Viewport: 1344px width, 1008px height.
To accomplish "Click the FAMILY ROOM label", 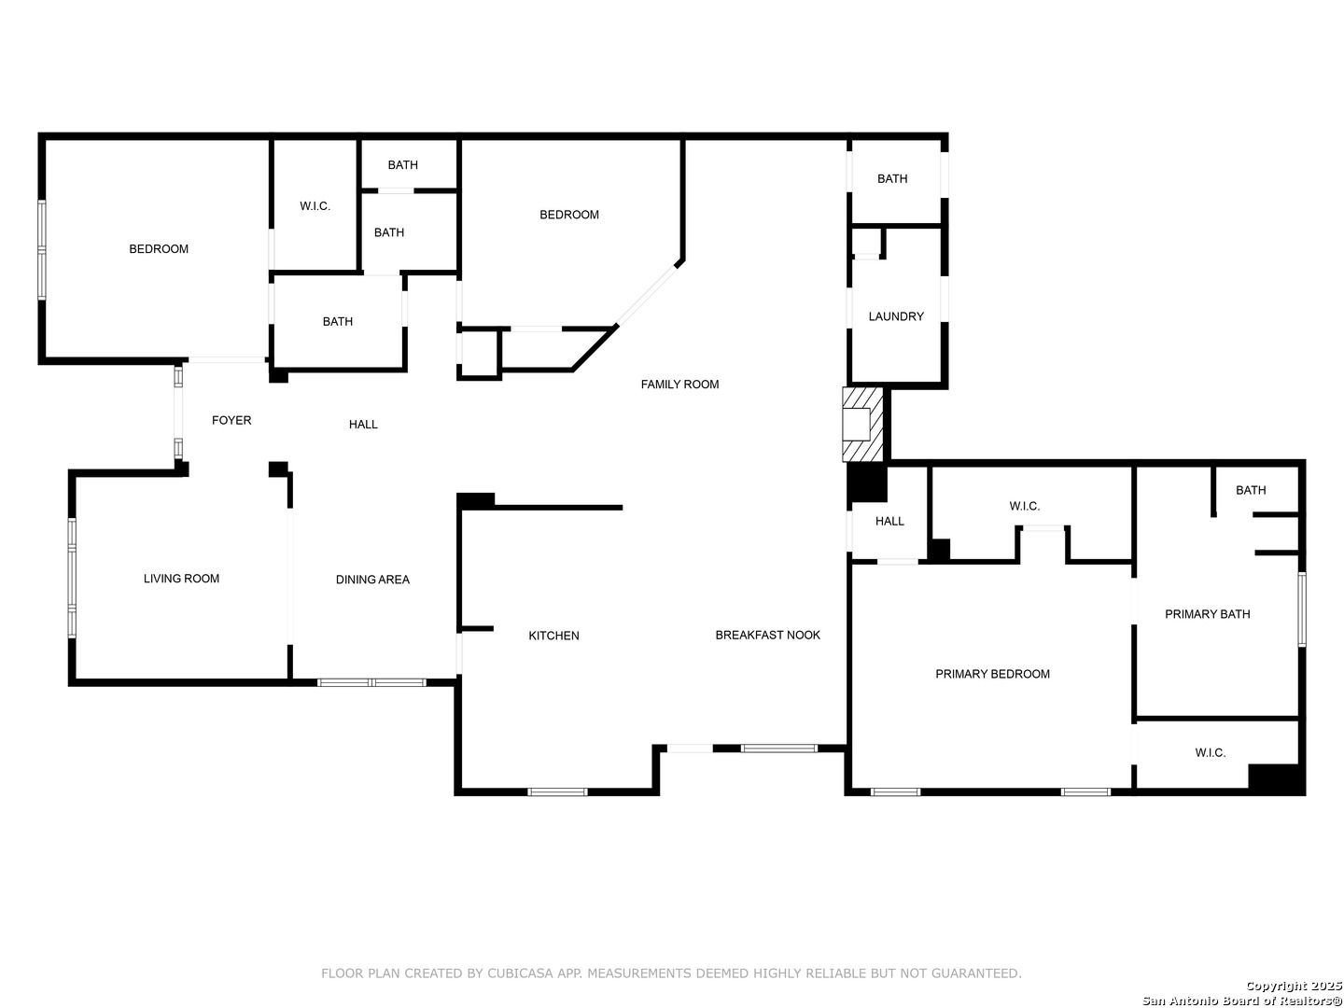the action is (679, 385).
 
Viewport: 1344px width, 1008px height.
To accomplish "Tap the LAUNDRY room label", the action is (895, 316).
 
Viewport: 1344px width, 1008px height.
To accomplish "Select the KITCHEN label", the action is (553, 636).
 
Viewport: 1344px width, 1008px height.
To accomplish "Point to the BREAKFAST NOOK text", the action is (767, 635).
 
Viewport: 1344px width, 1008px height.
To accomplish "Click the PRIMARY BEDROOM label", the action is (992, 674).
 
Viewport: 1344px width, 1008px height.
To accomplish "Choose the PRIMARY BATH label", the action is (1207, 614).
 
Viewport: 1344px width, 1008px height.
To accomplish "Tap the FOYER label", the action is (231, 420).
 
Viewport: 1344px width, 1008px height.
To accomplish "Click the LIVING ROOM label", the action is (181, 579).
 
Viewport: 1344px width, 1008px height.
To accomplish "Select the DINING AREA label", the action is (372, 579).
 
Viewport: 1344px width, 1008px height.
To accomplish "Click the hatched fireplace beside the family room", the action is (862, 424).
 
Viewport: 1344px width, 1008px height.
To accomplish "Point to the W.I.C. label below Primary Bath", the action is (1210, 753).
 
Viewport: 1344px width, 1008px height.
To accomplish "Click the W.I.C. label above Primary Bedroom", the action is (1024, 506).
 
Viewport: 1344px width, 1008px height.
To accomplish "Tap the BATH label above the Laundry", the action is (892, 178).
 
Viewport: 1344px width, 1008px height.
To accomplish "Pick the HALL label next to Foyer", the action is (363, 424).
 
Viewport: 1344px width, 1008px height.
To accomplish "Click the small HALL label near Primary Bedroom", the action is (889, 521).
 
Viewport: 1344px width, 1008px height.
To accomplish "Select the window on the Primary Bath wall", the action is (1301, 609).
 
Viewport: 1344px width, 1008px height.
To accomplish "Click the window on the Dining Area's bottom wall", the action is (371, 682).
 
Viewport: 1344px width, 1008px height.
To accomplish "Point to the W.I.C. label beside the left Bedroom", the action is (315, 206).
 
